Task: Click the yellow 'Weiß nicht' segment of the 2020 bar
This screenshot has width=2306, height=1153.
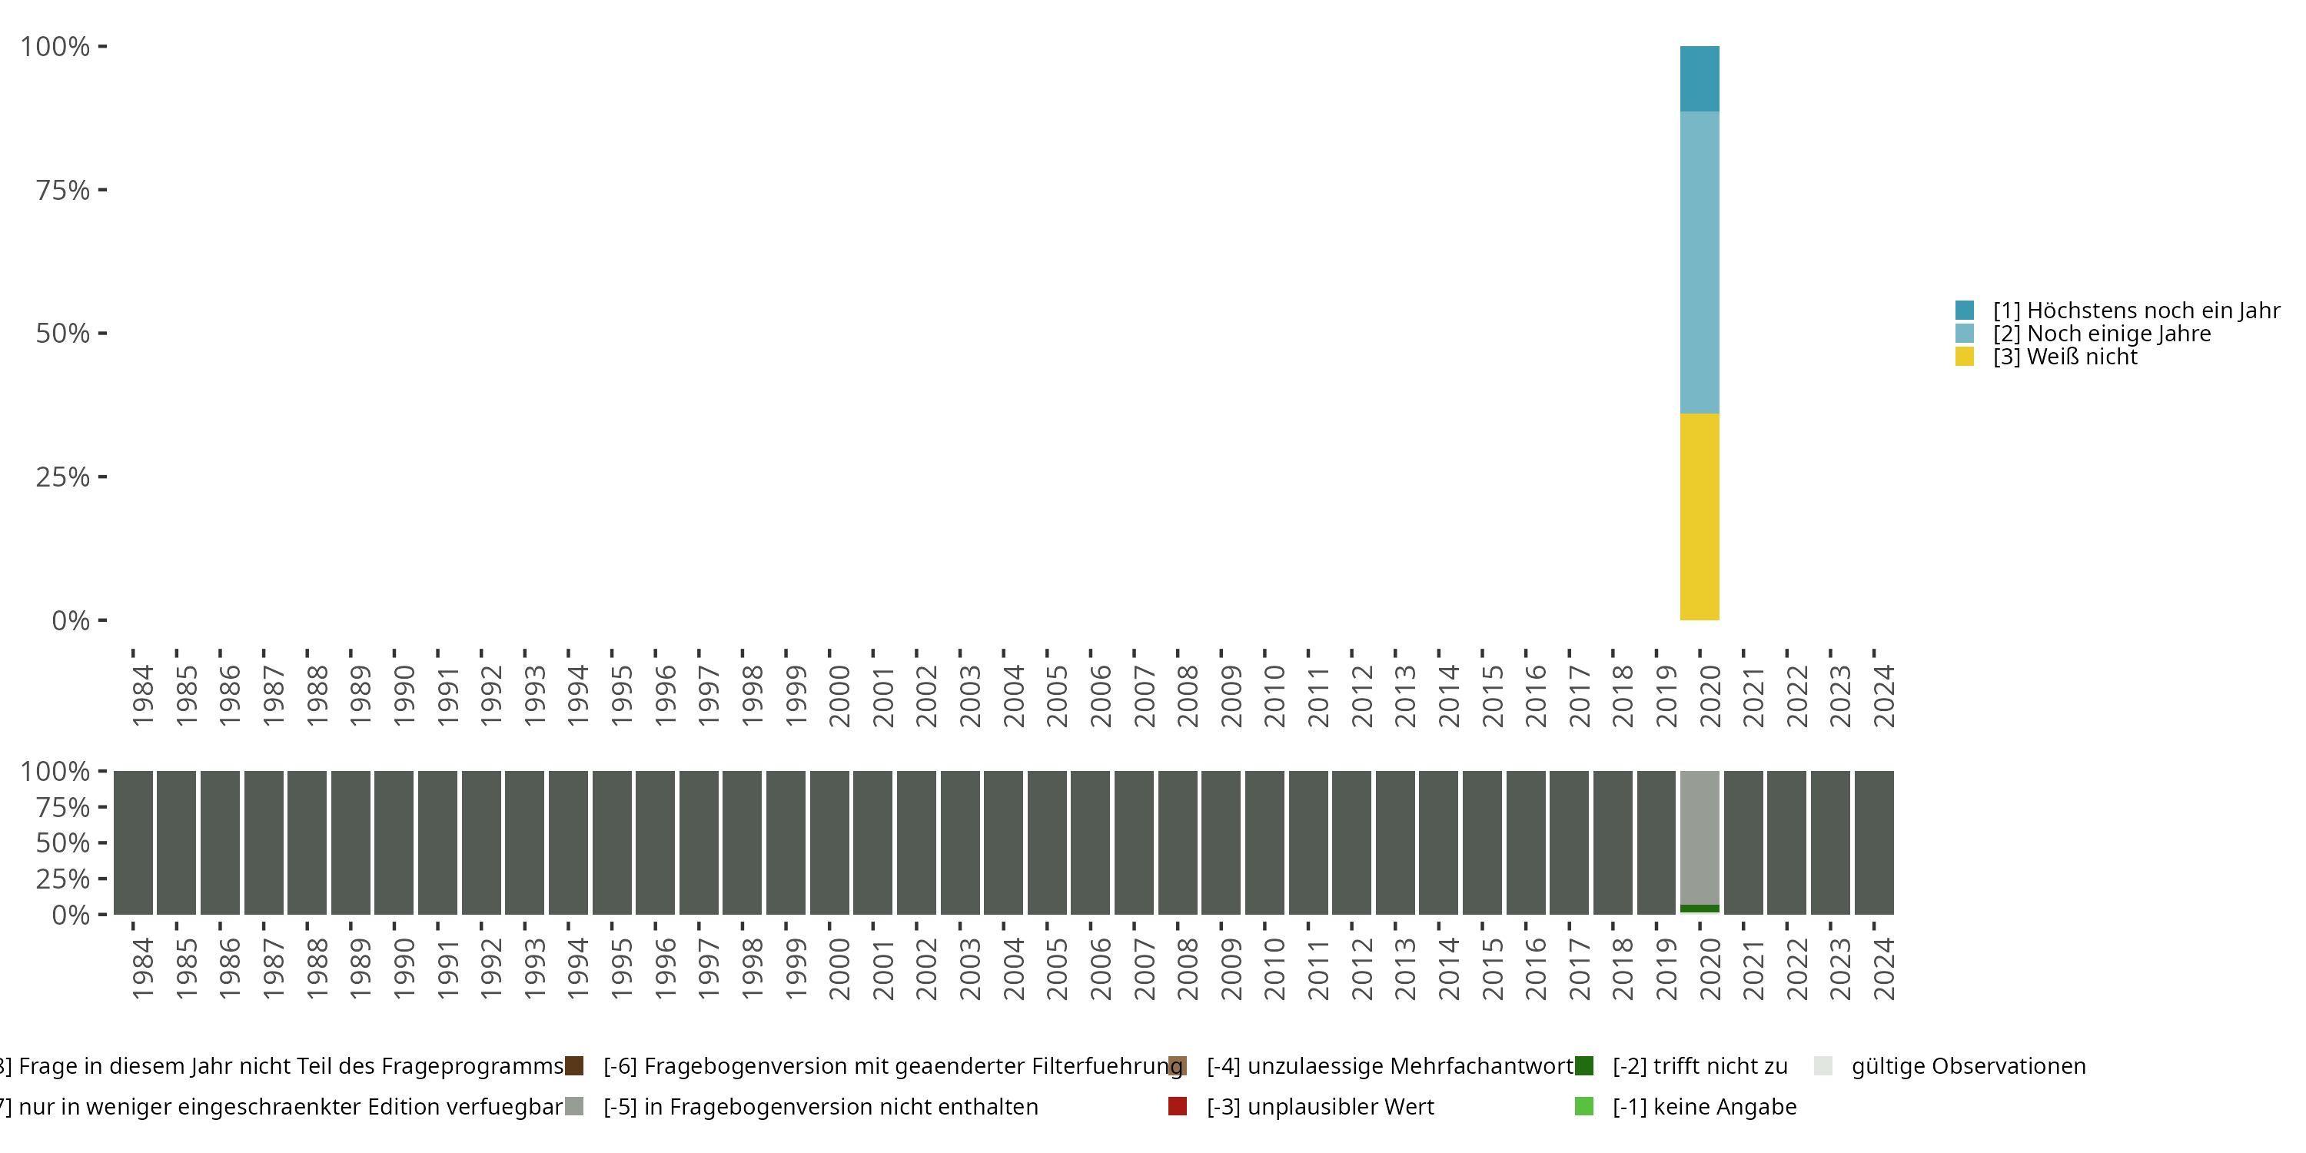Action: tap(1699, 517)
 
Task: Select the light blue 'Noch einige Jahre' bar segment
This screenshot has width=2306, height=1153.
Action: tap(1699, 262)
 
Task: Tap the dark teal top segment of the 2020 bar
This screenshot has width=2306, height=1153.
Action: tap(1699, 78)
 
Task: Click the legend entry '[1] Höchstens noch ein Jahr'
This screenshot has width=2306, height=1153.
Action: tap(2136, 311)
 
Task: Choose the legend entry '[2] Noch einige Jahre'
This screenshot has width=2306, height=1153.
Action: tap(2101, 334)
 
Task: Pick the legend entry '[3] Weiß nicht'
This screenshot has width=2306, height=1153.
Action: tap(2065, 357)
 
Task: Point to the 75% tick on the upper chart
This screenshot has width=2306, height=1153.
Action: tap(63, 190)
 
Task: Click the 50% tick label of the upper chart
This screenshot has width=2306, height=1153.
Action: tap(63, 334)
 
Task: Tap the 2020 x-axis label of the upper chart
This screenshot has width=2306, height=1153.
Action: tap(1710, 696)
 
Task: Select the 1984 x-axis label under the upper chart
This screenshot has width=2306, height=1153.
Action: tap(143, 696)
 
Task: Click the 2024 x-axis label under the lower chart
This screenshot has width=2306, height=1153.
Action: tap(1883, 969)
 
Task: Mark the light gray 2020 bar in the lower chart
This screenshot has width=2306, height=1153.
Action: tap(1699, 837)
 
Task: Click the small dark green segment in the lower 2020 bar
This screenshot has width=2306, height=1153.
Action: tap(1699, 909)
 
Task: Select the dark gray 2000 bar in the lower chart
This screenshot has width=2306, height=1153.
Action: tap(829, 842)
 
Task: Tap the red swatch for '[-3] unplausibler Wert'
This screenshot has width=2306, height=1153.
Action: tap(1177, 1106)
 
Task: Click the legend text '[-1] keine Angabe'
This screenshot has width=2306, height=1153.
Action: tap(1704, 1106)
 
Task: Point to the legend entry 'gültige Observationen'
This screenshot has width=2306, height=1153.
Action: tap(1968, 1066)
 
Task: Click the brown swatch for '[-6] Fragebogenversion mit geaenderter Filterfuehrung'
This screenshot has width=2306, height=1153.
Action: tap(575, 1066)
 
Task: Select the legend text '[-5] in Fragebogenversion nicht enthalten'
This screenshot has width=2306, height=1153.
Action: tap(820, 1106)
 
